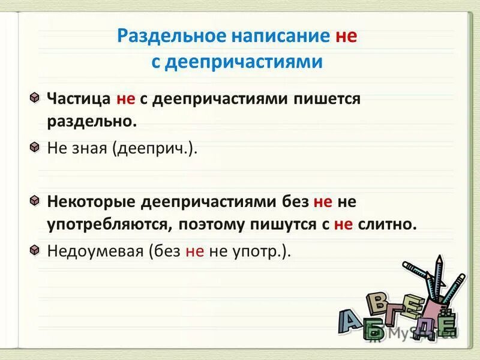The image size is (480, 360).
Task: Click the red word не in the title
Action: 346,36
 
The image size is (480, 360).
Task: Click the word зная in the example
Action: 89,148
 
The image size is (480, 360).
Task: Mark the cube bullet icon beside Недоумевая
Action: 36,250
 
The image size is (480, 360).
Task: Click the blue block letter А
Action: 350,321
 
